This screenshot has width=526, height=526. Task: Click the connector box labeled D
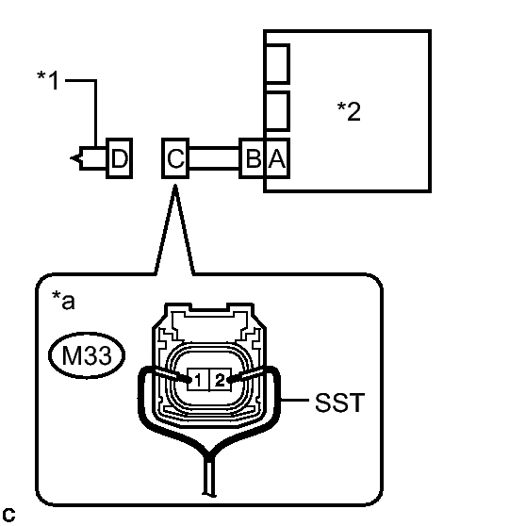tap(120, 158)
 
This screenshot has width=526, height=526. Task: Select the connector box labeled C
tap(175, 158)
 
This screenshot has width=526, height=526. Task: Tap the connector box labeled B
tap(253, 158)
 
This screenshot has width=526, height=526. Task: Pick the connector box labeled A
tap(277, 158)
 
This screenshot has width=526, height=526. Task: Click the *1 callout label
tap(48, 80)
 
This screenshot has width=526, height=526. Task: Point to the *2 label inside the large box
tap(349, 111)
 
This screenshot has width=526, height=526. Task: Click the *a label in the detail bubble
tap(63, 301)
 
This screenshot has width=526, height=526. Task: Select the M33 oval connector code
tap(87, 355)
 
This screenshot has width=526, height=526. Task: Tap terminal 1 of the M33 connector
tap(198, 380)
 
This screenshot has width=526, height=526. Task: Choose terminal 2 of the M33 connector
tap(221, 380)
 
